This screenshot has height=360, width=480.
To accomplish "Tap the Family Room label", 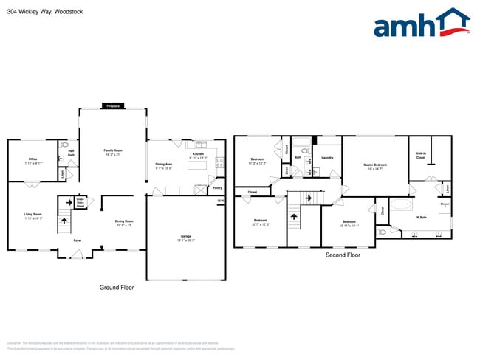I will point(113,150).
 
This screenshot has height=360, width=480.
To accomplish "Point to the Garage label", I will point(186,236).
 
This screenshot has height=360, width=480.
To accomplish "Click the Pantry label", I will point(217,188).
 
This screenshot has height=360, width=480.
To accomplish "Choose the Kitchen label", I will point(198,154).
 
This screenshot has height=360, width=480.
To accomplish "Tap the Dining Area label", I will point(164,165).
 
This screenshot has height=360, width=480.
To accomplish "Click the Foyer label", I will point(77,240).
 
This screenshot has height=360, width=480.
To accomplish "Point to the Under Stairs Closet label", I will point(80,202).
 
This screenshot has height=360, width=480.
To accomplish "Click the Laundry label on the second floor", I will point(328,157).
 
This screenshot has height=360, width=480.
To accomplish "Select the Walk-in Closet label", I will point(421,155).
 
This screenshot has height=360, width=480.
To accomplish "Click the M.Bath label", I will point(421,218).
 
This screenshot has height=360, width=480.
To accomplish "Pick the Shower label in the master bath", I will point(445,204).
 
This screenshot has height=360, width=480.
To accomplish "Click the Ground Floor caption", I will point(116,287).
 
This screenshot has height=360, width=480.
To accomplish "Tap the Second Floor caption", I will point(343,255).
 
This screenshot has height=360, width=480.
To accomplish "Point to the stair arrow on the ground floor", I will point(64,216).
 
